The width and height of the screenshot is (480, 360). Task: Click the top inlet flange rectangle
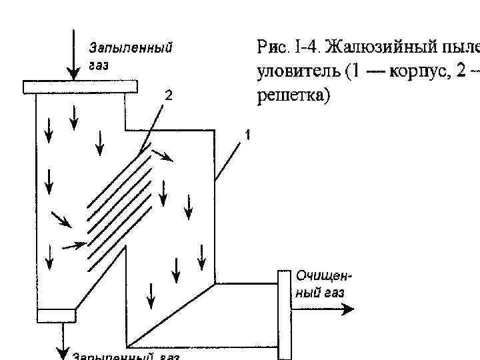point(80,86)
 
